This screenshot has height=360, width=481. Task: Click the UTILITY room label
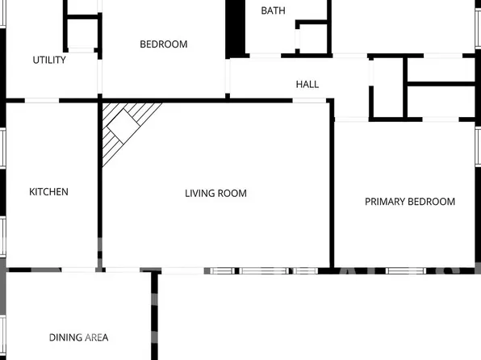49,60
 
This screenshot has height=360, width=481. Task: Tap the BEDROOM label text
164,44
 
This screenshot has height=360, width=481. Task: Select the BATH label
273,11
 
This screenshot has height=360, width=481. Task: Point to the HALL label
307,84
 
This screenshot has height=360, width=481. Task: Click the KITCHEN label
48,192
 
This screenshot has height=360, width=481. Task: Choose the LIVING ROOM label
215,194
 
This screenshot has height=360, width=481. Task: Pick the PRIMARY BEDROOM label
410,202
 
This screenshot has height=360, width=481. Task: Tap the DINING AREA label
78,337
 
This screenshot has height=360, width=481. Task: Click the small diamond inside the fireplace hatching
124,124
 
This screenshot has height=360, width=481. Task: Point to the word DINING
65,337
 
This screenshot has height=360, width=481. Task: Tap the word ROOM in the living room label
233,194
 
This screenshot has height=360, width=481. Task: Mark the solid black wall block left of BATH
235,28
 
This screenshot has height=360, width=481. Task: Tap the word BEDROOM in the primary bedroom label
432,202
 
